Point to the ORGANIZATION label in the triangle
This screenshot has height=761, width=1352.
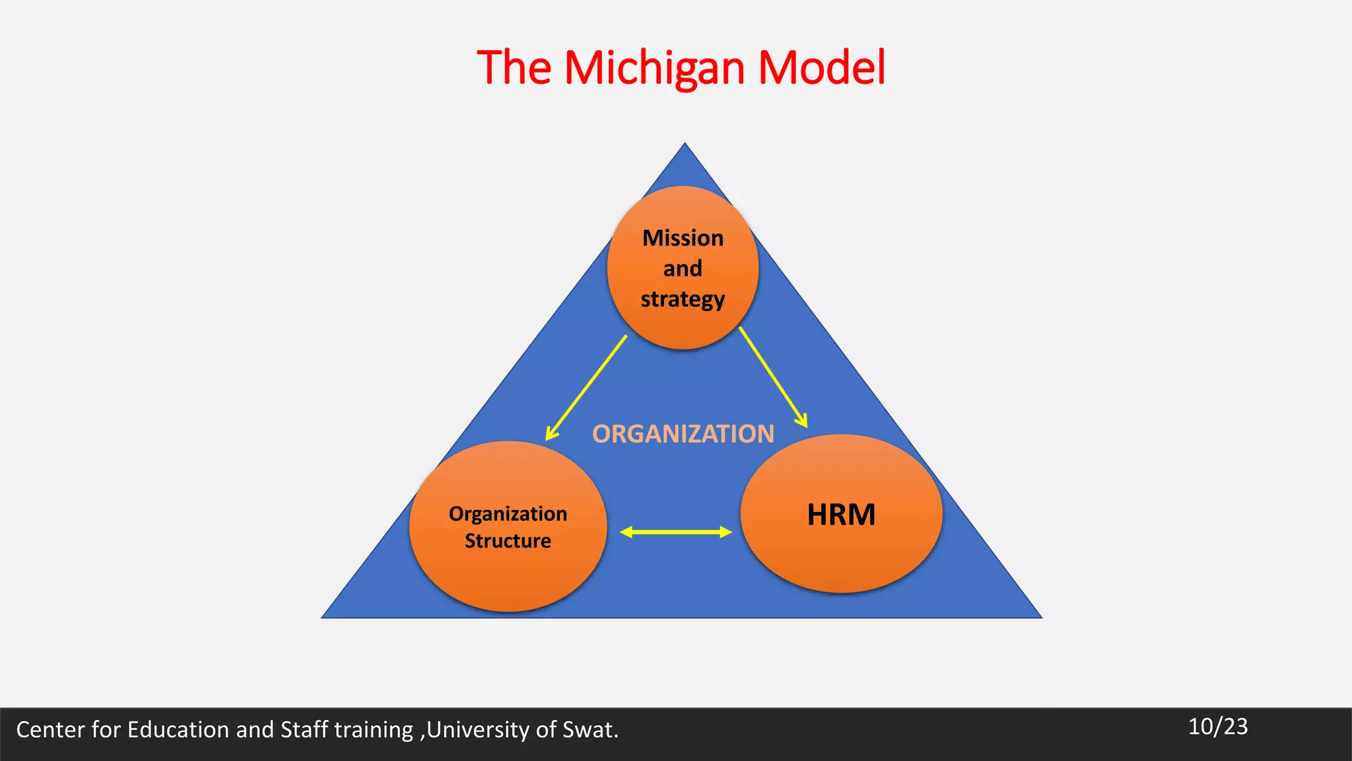[x=683, y=434]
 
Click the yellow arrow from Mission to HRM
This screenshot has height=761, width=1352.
[x=772, y=377]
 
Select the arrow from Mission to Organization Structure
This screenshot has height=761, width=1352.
[x=586, y=388]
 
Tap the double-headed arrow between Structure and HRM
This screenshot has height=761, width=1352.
[x=676, y=532]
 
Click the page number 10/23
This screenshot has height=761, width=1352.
[x=1218, y=727]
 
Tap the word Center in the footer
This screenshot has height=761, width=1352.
[x=50, y=729]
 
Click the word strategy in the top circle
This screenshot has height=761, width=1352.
[x=683, y=299]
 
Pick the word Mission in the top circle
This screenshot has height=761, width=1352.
[x=683, y=238]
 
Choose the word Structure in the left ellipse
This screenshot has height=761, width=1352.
[x=508, y=541]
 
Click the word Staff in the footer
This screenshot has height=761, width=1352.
[x=304, y=729]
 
